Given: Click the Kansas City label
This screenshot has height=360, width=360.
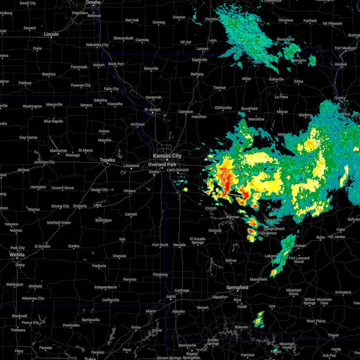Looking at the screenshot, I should click(167, 156).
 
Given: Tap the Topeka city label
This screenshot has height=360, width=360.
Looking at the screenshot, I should click(107, 160).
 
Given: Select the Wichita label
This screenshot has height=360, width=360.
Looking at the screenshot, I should click(17, 255).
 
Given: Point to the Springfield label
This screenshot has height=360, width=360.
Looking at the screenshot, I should click(237, 287).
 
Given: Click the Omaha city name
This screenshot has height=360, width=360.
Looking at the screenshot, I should click(93, 2).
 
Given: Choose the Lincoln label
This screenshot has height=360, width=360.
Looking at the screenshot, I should click(51, 34).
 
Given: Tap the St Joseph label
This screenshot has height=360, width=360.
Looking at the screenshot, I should click(152, 109).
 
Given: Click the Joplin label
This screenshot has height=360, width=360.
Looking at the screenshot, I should click(171, 296).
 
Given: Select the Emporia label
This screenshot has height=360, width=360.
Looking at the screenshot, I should click(79, 206).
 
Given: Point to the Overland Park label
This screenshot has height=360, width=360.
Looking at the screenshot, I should click(162, 164).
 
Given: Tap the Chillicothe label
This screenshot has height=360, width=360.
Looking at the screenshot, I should click(223, 108).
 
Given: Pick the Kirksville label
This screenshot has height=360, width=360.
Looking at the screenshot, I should click(276, 79).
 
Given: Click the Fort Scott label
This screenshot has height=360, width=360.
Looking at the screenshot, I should click(160, 245).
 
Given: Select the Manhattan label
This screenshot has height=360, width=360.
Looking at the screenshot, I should click(58, 151).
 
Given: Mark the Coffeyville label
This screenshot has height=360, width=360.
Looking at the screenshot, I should click(111, 300).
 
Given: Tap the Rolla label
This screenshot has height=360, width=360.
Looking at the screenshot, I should click(320, 237).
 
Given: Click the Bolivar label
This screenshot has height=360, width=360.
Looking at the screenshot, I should click(231, 260).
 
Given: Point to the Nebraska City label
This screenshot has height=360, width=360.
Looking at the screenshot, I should click(97, 45).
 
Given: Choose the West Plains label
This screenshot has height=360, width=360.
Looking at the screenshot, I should click(316, 321).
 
